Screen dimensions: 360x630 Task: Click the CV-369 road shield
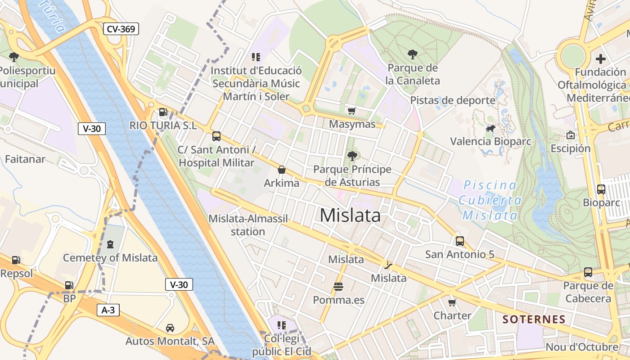coord(121,29)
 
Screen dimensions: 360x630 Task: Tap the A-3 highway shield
coord(108,310)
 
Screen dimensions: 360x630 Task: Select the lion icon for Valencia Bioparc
coord(490,129)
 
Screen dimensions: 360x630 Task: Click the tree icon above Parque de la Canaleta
coord(412,55)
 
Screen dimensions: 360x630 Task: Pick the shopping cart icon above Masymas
coord(352,111)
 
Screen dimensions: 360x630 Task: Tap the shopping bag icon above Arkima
coord(282,170)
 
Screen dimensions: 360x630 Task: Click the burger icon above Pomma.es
coord(338,287)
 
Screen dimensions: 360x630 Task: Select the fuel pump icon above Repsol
coord(16,260)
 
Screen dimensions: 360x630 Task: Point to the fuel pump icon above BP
coord(69,285)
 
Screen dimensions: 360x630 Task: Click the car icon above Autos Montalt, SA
coord(170,328)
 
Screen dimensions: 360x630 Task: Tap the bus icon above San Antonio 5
coord(459,241)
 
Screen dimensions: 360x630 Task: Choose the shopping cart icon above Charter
coord(452,302)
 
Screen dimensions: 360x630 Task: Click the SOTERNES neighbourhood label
coord(534,319)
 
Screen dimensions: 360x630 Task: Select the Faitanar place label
coord(25,159)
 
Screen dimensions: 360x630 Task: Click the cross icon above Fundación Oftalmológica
coord(600,58)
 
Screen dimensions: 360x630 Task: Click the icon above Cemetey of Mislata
coord(110,245)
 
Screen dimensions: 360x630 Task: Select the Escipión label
coord(570,148)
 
